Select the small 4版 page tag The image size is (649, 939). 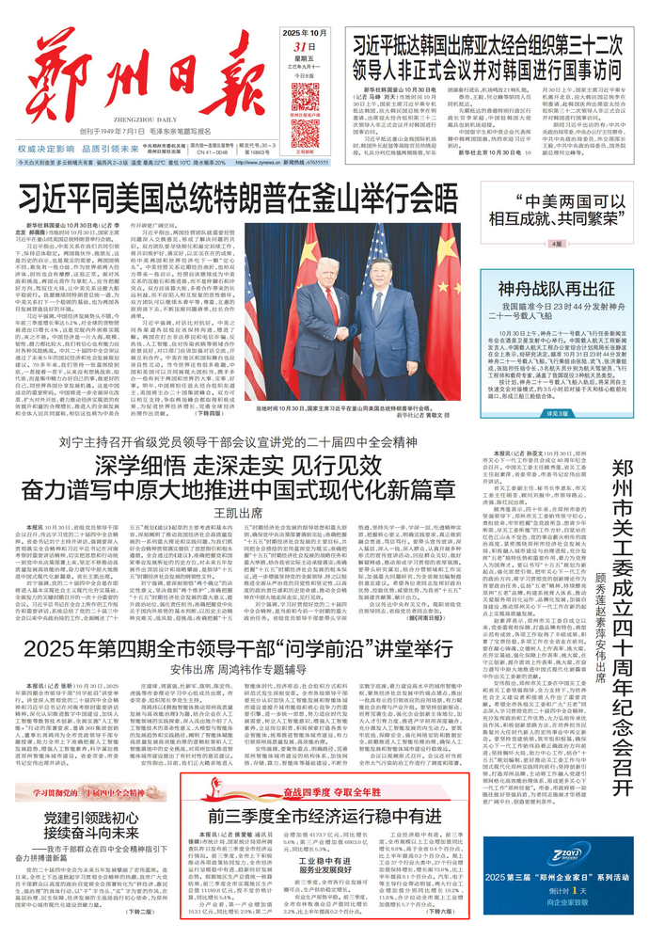pyautogui.click(x=557, y=244)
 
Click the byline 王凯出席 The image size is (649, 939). pyautogui.click(x=236, y=512)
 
